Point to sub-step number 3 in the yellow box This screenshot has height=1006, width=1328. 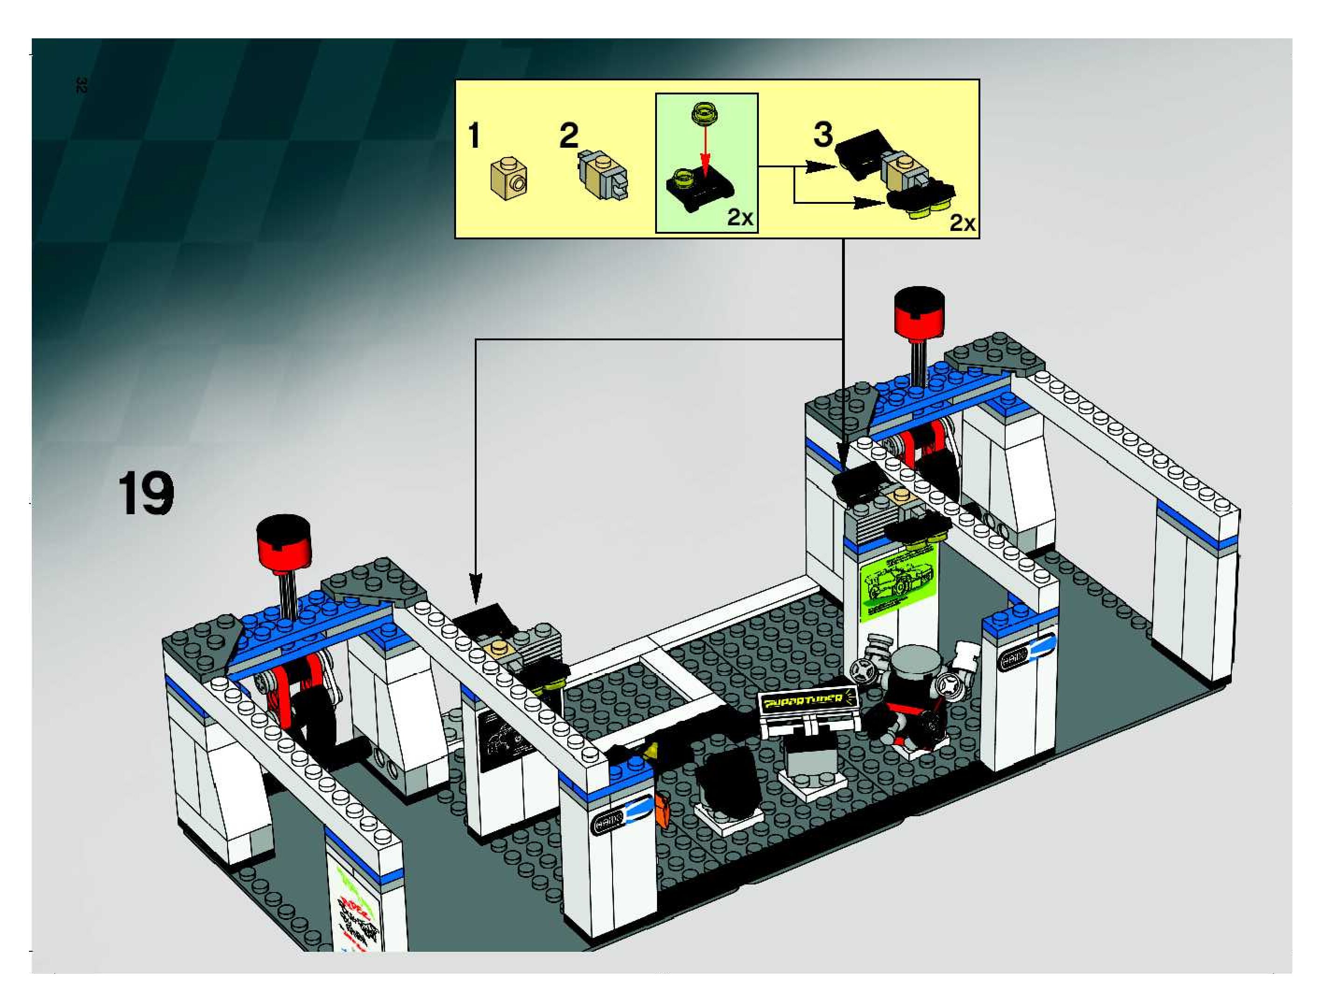(x=822, y=135)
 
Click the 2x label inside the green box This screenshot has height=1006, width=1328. (x=740, y=217)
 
